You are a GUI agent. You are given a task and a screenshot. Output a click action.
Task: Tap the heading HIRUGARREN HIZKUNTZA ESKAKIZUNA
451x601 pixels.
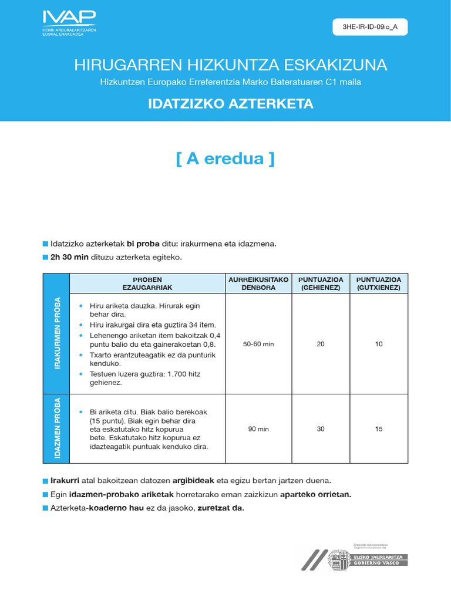(x=230, y=65)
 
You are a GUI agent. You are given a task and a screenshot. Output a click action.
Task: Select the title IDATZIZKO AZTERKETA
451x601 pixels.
(x=230, y=104)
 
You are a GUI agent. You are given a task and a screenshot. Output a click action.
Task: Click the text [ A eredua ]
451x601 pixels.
(x=225, y=159)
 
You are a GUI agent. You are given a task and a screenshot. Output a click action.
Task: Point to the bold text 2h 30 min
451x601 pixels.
(x=69, y=258)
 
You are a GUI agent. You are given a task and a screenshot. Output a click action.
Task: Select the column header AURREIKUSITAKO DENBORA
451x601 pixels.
(x=258, y=283)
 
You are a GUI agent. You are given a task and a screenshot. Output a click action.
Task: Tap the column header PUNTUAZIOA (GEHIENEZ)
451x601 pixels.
(x=320, y=283)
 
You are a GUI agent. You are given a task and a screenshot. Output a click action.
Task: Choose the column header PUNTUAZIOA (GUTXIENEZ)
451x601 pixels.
(x=378, y=283)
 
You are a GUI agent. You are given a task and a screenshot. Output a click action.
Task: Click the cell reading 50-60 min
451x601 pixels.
(x=258, y=344)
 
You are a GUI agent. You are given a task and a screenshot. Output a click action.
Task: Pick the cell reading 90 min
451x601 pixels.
(x=258, y=429)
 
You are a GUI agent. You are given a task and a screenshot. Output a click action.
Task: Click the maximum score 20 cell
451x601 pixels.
(x=320, y=344)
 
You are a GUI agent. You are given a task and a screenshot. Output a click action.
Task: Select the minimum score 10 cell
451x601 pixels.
(x=378, y=344)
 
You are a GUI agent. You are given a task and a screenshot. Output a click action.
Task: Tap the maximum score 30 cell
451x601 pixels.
(x=320, y=429)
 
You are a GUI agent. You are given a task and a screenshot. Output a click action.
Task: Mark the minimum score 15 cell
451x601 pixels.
(x=378, y=429)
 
